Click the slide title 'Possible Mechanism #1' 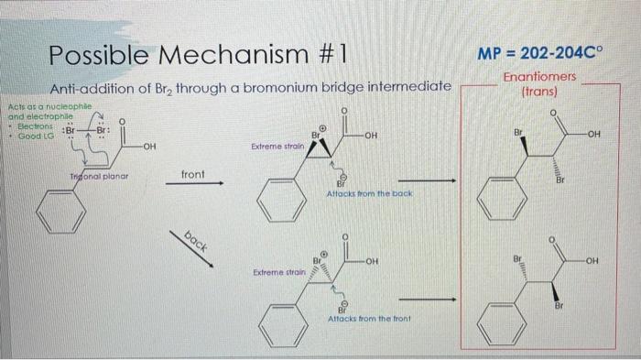pyautogui.click(x=198, y=54)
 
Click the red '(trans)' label pyautogui.click(x=539, y=92)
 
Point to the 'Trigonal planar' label pyautogui.click(x=100, y=174)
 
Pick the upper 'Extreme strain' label pyautogui.click(x=273, y=147)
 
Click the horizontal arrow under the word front pyautogui.click(x=194, y=183)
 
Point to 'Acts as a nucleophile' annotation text pyautogui.click(x=42, y=106)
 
